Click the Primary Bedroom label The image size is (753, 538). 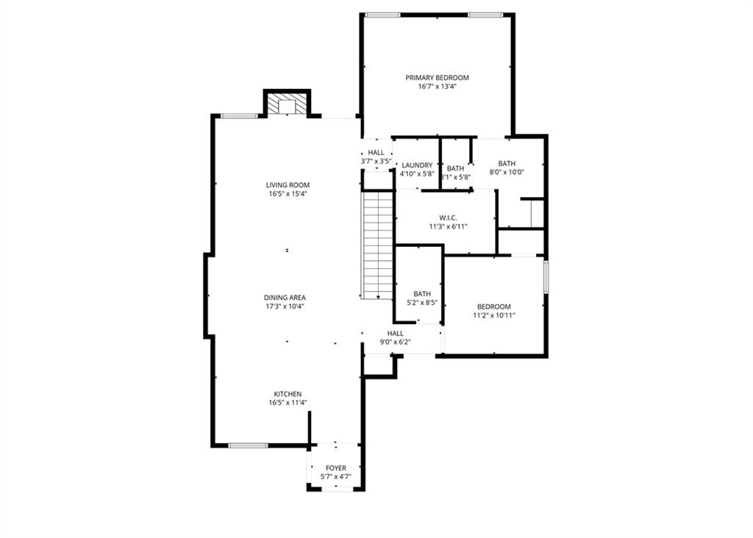coord(437,77)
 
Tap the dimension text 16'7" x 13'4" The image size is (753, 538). coord(437,86)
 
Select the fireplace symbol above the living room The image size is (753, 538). coord(287,105)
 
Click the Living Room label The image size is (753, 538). coord(288,185)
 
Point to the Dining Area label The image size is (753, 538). coord(285,298)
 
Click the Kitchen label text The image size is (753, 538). coord(288,394)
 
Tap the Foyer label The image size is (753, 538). coord(335,468)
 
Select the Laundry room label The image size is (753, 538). coord(417,165)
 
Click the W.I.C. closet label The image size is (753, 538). coord(449,218)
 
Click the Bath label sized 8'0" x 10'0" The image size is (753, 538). coord(507,164)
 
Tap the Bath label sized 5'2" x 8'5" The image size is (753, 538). coord(421,293)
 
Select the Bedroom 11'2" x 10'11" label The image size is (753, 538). coord(493,306)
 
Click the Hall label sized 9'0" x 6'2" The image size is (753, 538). coord(395,333)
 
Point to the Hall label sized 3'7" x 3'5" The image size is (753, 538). coord(376,152)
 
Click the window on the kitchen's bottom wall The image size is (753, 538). coord(248,445)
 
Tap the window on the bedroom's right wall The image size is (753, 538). coord(546,276)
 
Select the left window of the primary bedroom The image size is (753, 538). coord(382,15)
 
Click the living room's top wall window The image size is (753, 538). coord(240,115)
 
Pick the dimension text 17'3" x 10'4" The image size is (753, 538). coord(285,306)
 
